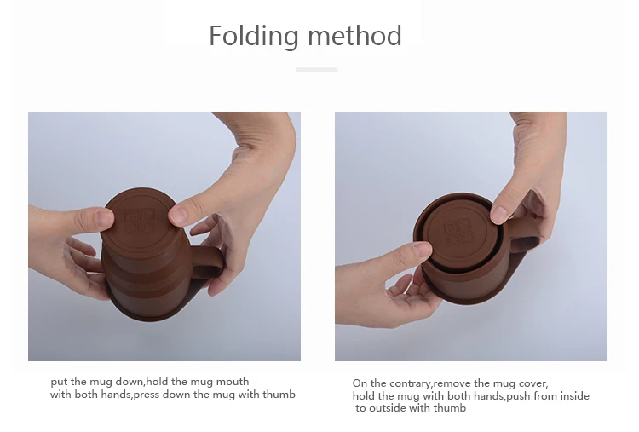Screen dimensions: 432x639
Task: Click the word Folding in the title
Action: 254,37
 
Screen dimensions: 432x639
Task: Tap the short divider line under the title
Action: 317,69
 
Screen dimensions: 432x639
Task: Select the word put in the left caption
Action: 59,382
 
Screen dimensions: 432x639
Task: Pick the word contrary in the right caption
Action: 408,383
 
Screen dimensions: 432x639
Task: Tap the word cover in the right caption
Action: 532,383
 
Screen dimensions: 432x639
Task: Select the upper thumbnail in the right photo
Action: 499,213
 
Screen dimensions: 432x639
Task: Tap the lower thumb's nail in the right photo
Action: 422,251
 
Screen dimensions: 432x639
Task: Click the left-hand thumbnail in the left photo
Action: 104,218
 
